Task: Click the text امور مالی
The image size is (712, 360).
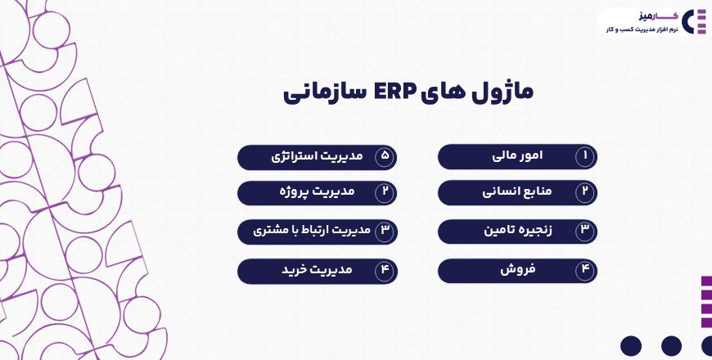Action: click(518, 155)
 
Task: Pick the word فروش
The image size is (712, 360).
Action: click(517, 269)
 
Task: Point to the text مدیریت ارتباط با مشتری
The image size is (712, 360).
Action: click(305, 231)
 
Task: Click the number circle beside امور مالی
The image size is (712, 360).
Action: click(585, 156)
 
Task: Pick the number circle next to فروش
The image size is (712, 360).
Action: click(585, 270)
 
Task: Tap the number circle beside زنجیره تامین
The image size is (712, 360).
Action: click(585, 231)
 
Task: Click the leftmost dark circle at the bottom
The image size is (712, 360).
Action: click(631, 346)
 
